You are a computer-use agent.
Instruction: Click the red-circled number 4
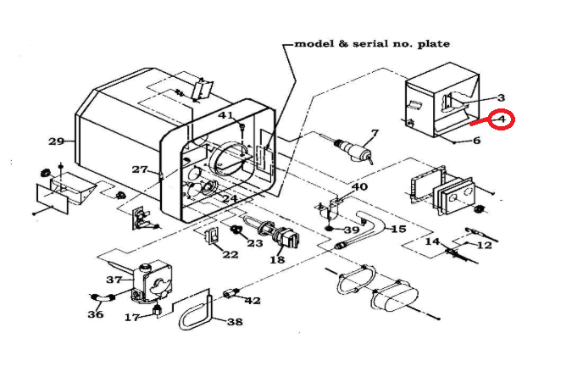coord(503,119)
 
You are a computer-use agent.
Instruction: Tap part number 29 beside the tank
coord(57,141)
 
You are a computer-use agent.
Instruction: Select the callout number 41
coord(226,114)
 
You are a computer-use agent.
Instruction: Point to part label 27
coord(140,169)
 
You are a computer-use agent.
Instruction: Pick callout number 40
coord(359,186)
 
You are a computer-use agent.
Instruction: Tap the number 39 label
coord(352,230)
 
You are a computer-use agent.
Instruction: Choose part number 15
coord(398,229)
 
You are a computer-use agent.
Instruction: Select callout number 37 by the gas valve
coord(114,279)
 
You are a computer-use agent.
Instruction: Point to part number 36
coord(95,314)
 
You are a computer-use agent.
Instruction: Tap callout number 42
coord(252,300)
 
